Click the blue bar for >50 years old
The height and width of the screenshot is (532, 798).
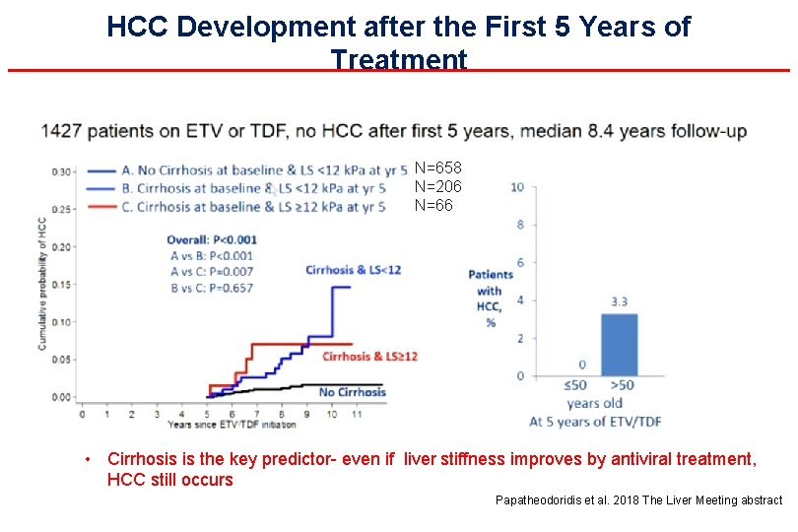click(x=619, y=345)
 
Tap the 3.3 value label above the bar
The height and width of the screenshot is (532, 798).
click(x=619, y=301)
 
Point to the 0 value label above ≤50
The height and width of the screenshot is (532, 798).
click(x=581, y=365)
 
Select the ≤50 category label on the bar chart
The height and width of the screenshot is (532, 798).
click(x=576, y=385)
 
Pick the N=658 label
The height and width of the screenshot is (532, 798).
click(x=437, y=168)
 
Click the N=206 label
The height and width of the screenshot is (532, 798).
click(x=437, y=186)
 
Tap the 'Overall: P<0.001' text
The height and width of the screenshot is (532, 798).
click(x=212, y=239)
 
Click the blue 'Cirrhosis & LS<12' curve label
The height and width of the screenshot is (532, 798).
click(x=353, y=270)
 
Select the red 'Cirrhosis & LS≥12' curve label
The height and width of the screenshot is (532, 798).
click(x=369, y=356)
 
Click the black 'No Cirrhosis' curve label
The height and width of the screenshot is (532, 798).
click(x=352, y=392)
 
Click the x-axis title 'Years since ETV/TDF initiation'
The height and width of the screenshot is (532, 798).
click(x=232, y=425)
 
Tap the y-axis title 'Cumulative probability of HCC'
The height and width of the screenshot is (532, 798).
click(x=43, y=284)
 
